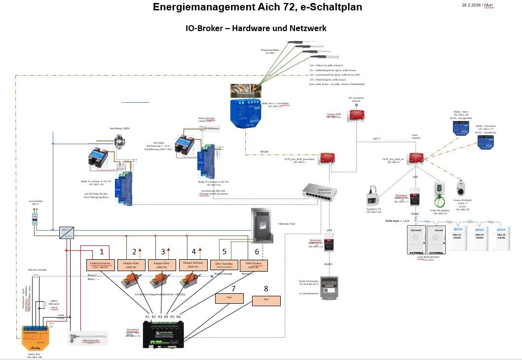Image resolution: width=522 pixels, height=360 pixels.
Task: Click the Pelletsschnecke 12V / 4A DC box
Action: coord(101,265)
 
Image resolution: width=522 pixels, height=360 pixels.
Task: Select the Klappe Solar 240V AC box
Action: coord(131,265)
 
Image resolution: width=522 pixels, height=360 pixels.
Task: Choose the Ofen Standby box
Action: coord(224,265)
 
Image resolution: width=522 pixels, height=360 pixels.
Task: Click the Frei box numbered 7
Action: coord(229,298)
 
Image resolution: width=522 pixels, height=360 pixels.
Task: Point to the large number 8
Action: coord(266,288)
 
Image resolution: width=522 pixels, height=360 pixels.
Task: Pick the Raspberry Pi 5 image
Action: coord(373,197)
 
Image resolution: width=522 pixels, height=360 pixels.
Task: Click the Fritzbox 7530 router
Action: coord(355,116)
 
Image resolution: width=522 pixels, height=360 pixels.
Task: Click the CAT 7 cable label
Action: coord(376,139)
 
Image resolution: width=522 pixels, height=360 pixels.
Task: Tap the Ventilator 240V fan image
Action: coord(119,140)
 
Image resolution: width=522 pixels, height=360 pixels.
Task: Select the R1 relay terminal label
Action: coord(148,317)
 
